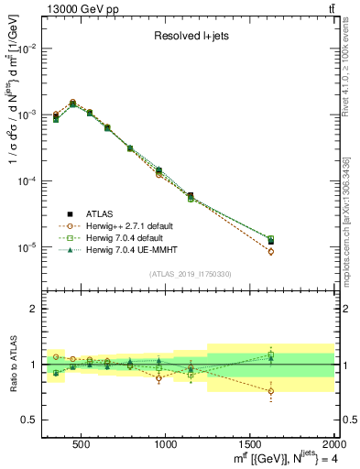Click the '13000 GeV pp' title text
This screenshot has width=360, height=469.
click(81, 9)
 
